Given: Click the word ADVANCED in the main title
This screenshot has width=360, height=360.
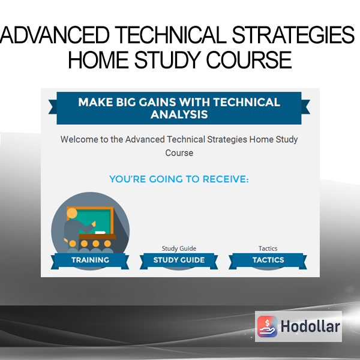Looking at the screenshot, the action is (x=55, y=35).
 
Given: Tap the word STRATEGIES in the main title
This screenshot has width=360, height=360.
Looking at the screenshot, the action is (x=293, y=35).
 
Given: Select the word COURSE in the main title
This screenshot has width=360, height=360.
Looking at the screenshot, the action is (x=249, y=60).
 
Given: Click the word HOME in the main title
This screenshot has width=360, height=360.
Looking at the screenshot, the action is (x=98, y=60).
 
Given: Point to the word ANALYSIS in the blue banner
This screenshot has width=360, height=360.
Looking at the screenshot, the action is (x=179, y=115).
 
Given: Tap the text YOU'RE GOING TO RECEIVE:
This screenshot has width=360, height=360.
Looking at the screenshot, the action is (x=179, y=179).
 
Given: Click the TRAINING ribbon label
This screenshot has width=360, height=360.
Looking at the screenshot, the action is (x=90, y=260).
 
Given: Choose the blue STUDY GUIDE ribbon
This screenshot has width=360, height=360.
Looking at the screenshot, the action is (x=179, y=260).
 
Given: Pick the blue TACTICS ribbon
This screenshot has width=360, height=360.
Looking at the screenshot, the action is (x=268, y=260).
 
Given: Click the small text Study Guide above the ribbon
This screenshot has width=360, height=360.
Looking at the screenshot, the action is (x=179, y=248).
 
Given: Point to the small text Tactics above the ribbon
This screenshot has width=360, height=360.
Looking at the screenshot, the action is (x=268, y=248).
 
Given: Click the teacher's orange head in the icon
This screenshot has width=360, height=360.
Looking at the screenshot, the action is (x=72, y=213).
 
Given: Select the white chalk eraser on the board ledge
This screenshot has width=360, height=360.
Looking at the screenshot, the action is (x=100, y=233).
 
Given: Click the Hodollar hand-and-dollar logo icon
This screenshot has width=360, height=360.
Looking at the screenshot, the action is (x=267, y=326).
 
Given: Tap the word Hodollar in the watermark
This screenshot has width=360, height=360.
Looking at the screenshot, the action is (x=310, y=326).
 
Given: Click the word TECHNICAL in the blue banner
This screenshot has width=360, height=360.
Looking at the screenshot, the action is (x=247, y=102).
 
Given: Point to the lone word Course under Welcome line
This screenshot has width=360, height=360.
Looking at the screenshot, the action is (x=179, y=153).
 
